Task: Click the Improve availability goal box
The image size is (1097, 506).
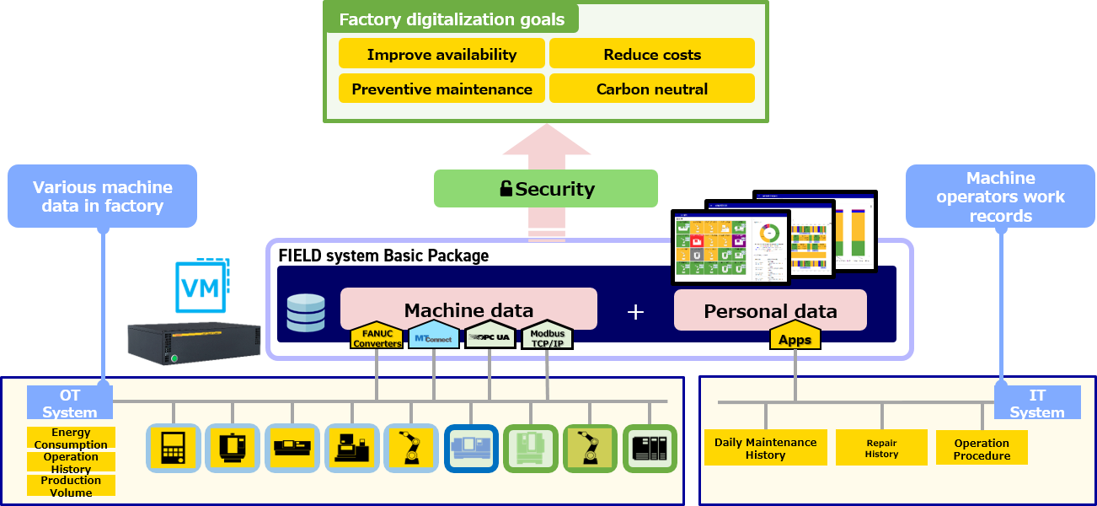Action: click(x=441, y=54)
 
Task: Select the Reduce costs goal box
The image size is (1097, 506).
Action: click(x=651, y=54)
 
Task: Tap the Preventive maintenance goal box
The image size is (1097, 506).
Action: click(x=441, y=89)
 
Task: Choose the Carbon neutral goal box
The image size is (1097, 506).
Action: click(x=651, y=89)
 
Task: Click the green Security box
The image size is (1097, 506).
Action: click(x=545, y=189)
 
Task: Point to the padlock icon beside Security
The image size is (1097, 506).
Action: click(x=506, y=189)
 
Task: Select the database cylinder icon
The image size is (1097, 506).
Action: click(x=305, y=312)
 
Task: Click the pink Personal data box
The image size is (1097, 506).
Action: click(x=770, y=310)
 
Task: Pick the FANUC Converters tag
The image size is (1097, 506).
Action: click(x=377, y=337)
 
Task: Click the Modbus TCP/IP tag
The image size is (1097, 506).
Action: click(x=547, y=337)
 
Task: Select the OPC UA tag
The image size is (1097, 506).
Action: click(x=490, y=336)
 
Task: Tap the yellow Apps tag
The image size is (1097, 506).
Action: click(x=795, y=339)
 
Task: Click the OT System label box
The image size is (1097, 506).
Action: click(x=69, y=403)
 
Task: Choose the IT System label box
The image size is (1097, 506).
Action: click(x=1037, y=403)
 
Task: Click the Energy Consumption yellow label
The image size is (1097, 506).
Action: click(x=71, y=438)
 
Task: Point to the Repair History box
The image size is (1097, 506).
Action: click(x=881, y=448)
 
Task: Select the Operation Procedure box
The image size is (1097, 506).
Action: click(x=982, y=449)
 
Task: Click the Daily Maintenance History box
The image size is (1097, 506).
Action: click(x=765, y=448)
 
